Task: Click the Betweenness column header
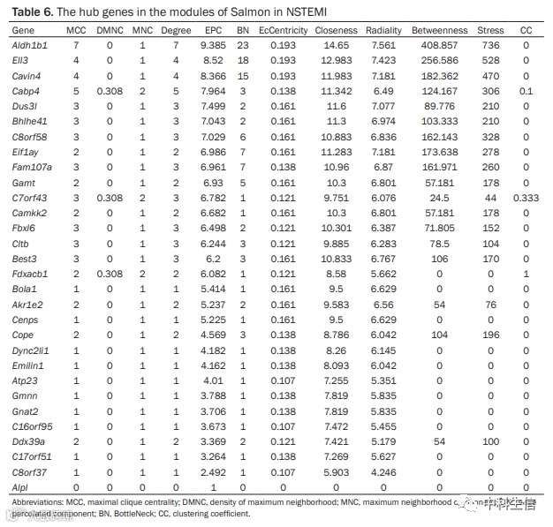(x=438, y=30)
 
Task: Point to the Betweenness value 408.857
(x=438, y=44)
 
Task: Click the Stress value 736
(x=490, y=44)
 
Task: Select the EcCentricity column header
(x=283, y=30)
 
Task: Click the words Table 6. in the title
(x=32, y=11)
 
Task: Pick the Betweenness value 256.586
(x=438, y=59)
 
